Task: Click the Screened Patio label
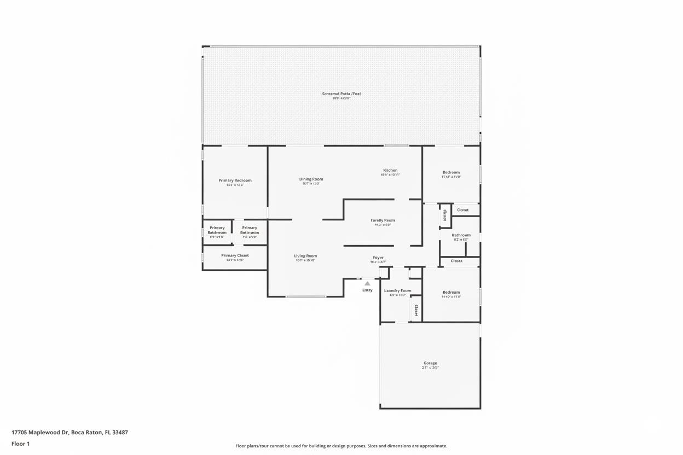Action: pyautogui.click(x=341, y=94)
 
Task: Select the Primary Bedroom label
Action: pyautogui.click(x=235, y=180)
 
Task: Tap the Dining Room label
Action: pyautogui.click(x=311, y=179)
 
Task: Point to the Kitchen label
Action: pyautogui.click(x=390, y=171)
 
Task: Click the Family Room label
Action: pyautogui.click(x=383, y=220)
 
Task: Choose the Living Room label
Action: pyautogui.click(x=305, y=256)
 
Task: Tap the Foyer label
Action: pyautogui.click(x=378, y=258)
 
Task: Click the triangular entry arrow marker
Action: pyautogui.click(x=367, y=283)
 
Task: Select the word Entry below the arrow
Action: pyautogui.click(x=367, y=290)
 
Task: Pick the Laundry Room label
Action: pyautogui.click(x=397, y=291)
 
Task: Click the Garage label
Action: pyautogui.click(x=430, y=363)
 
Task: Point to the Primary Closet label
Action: pyautogui.click(x=235, y=255)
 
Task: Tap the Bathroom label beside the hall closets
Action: pyautogui.click(x=461, y=235)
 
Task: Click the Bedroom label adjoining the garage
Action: pyautogui.click(x=451, y=293)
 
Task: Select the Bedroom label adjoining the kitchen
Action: pyautogui.click(x=451, y=172)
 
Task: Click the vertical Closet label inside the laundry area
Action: pyautogui.click(x=416, y=311)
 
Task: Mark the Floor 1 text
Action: pyautogui.click(x=21, y=444)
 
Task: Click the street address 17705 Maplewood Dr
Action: pyautogui.click(x=40, y=432)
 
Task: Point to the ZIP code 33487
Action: pyautogui.click(x=120, y=432)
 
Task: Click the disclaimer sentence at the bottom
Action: pyautogui.click(x=341, y=446)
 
